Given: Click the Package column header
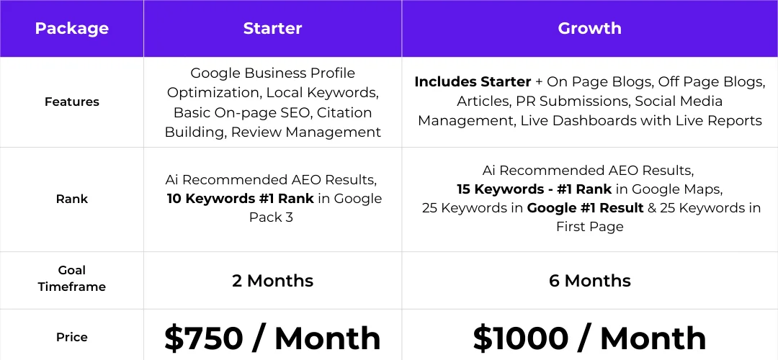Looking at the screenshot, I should click(71, 29).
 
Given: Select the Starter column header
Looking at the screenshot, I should click(272, 29).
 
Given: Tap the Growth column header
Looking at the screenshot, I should click(589, 29).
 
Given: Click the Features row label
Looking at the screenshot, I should click(71, 102).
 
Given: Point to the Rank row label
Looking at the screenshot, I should click(71, 199).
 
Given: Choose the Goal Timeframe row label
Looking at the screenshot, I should click(71, 279).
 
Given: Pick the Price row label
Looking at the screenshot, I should click(71, 337).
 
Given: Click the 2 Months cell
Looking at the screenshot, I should click(272, 281).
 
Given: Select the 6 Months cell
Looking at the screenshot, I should click(589, 281).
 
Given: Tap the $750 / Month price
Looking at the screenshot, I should click(272, 338).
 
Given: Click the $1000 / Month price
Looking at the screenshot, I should click(589, 338).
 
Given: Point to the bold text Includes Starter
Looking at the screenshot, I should click(473, 82).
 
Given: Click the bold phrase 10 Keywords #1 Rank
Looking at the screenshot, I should click(241, 199).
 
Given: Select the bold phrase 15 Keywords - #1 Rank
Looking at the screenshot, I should click(534, 189).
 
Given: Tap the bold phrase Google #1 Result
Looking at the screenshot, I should click(585, 208).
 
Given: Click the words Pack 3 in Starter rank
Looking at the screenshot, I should click(271, 217).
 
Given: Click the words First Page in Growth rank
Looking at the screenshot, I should click(589, 227).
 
